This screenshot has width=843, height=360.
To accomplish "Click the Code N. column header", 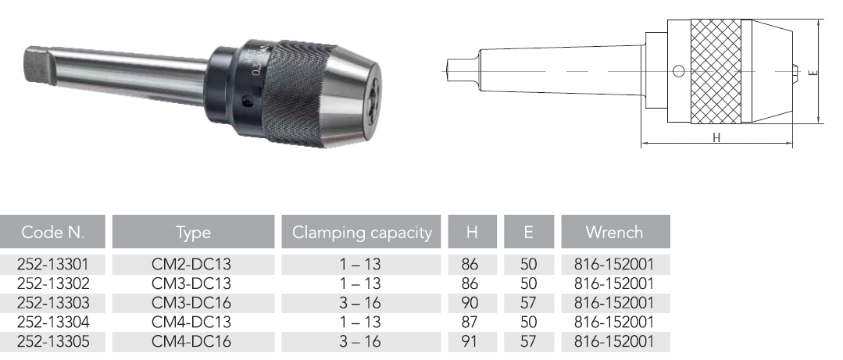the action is (52, 232).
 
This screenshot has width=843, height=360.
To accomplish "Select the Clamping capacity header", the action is (362, 232).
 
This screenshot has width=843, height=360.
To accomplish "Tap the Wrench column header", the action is (615, 232).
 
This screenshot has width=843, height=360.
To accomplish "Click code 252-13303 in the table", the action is (53, 303).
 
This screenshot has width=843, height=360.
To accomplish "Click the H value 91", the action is (469, 341).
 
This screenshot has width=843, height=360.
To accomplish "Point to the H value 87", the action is (469, 322).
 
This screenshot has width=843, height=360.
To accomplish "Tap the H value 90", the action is (469, 303).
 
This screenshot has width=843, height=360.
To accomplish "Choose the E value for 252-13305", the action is (528, 341).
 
